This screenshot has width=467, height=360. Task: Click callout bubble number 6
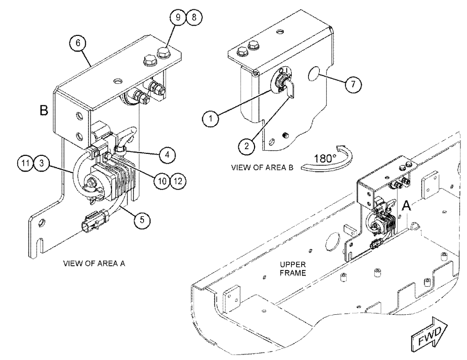(x=78, y=43)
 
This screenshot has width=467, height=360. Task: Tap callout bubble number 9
(x=178, y=17)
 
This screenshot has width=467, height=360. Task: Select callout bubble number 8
(x=194, y=17)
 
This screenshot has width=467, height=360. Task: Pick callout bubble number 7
(x=353, y=84)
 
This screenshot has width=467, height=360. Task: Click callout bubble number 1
(x=211, y=118)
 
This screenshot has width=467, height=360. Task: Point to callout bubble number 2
(x=247, y=146)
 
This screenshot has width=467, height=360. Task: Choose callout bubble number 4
(x=167, y=155)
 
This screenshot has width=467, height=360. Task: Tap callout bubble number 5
(x=142, y=220)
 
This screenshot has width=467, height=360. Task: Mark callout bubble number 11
(x=26, y=163)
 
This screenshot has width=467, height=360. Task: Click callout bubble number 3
(x=41, y=163)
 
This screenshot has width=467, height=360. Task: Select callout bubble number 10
(x=162, y=181)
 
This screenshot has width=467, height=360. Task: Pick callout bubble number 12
(x=178, y=181)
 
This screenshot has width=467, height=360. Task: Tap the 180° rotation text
(x=323, y=158)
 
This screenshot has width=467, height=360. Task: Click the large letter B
(x=44, y=111)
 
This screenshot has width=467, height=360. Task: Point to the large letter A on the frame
(x=406, y=206)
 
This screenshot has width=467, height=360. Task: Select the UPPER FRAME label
(x=293, y=269)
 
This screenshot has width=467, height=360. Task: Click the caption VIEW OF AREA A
(x=94, y=263)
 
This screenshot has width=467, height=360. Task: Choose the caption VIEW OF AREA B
(x=262, y=167)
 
